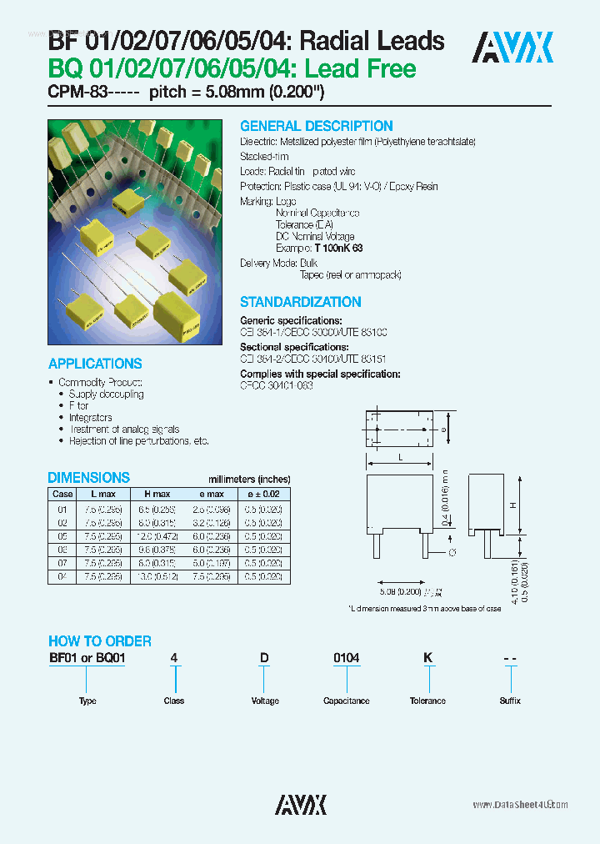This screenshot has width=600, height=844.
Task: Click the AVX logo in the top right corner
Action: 512,48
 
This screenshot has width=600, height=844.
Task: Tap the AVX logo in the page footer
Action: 301,804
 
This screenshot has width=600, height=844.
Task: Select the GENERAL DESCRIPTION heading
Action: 316,126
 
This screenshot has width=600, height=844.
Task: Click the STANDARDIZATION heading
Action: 300,302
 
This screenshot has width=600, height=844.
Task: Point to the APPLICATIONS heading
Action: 95,364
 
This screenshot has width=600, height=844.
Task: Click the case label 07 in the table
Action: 62,563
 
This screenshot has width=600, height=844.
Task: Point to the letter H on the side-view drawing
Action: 512,505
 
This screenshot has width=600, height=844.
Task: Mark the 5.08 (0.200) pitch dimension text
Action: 401,591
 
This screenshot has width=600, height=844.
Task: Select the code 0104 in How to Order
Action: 346,659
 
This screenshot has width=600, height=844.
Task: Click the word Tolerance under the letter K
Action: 427,701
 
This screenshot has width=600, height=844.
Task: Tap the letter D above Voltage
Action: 264,659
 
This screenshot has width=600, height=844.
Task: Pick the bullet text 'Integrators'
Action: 90,417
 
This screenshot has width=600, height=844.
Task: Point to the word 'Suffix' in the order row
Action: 510,701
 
